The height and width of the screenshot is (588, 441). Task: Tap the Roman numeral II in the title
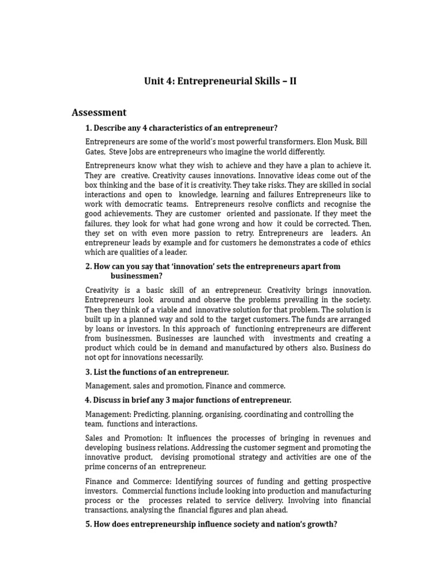coord(292,81)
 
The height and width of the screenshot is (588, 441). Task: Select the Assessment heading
coord(99,113)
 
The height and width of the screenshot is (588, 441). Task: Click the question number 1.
coord(88,128)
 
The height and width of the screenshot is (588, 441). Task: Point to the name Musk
coord(341,142)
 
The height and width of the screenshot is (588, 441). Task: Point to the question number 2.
coord(88,266)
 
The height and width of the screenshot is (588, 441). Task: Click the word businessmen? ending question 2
coord(137,276)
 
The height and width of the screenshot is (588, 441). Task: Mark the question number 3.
coord(88,372)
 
